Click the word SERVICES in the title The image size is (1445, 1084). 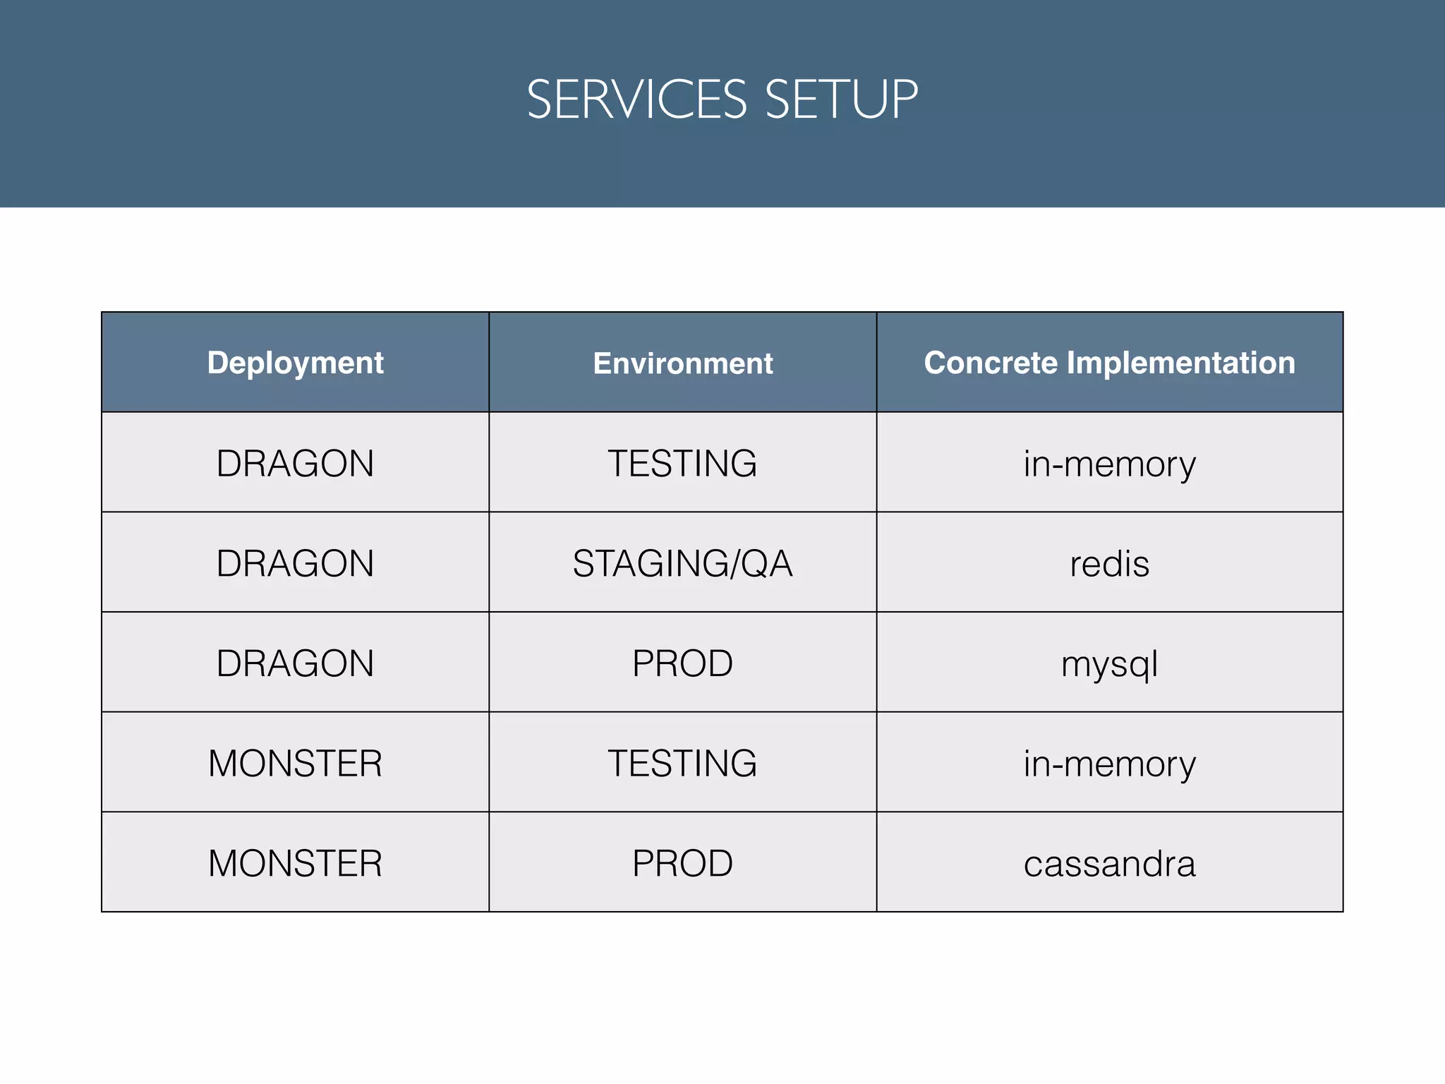tap(636, 100)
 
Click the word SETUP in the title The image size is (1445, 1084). tap(841, 100)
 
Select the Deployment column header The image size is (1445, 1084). tap(295, 363)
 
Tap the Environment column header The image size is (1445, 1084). tap(682, 363)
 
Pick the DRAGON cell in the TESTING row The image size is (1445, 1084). tap(295, 464)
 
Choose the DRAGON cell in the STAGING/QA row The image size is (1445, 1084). tap(295, 564)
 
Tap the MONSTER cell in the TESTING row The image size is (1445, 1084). tap(295, 764)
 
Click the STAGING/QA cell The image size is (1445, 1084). tap(682, 564)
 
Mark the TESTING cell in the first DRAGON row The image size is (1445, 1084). tap(682, 464)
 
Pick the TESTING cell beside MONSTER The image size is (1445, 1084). tap(682, 764)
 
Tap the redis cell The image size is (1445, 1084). tap(1109, 564)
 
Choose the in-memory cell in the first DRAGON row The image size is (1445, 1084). tap(1109, 464)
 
